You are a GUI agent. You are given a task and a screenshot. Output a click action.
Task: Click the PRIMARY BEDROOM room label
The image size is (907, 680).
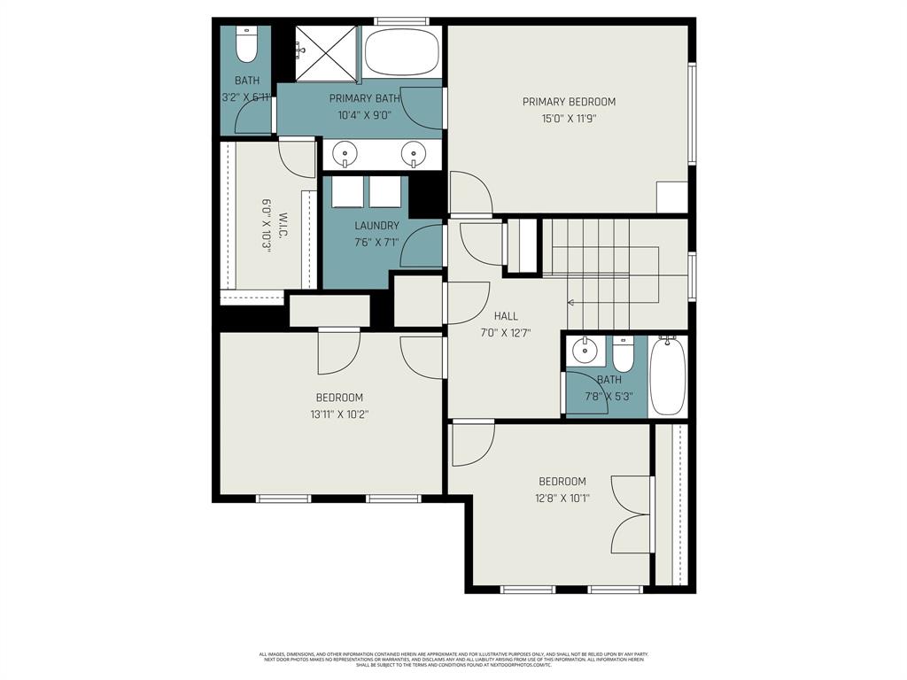click(568, 102)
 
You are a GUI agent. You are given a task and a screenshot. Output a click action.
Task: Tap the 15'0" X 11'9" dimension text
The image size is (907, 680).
click(568, 118)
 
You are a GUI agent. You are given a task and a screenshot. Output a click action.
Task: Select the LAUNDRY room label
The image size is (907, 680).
click(376, 226)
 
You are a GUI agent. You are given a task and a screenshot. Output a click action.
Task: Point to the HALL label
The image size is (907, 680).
click(506, 316)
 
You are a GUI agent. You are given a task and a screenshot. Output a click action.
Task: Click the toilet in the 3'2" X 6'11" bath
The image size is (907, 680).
click(246, 45)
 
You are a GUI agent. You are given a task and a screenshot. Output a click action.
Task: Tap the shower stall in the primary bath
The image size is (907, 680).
click(325, 53)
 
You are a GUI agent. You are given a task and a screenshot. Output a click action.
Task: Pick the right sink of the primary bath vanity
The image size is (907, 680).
click(412, 156)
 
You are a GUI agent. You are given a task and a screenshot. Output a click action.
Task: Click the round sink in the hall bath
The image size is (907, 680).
click(585, 352)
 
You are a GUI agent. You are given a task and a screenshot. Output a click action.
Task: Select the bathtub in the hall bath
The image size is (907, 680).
click(667, 375)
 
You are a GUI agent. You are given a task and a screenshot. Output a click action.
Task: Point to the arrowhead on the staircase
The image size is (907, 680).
click(571, 302)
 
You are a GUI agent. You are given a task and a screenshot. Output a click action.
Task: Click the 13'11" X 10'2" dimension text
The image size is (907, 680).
click(339, 413)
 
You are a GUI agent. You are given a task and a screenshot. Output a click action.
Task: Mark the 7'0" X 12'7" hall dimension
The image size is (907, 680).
click(506, 333)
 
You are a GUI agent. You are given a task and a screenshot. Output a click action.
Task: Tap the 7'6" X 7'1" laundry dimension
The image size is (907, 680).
click(376, 242)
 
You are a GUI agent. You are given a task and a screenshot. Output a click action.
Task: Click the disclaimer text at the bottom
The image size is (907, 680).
click(453, 660)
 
